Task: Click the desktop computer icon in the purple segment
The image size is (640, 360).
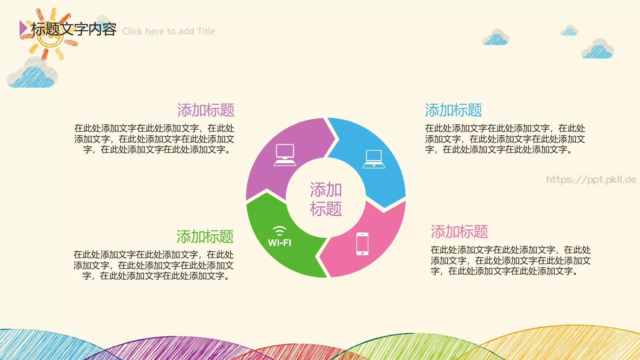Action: [x=285, y=155]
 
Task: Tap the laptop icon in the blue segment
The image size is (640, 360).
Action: [x=374, y=159]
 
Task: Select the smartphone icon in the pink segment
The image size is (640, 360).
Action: [x=362, y=244]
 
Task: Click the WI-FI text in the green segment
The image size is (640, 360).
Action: [x=280, y=243]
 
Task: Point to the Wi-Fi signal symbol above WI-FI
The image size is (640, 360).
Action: [x=279, y=231]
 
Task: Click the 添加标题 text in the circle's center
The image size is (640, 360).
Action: [x=326, y=199]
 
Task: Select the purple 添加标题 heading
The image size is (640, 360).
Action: [x=206, y=110]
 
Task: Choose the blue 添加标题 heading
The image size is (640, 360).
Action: [x=453, y=110]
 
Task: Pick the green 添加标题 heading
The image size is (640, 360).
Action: [x=205, y=237]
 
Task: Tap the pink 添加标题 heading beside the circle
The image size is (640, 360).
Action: [x=459, y=232]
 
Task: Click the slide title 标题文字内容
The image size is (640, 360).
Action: [x=74, y=29]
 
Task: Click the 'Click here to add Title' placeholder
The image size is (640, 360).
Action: [x=169, y=31]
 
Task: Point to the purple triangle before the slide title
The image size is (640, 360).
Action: [x=23, y=28]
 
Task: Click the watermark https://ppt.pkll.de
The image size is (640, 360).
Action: [x=591, y=180]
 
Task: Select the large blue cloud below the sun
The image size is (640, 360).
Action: [x=33, y=74]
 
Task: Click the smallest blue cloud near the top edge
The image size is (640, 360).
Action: [x=569, y=31]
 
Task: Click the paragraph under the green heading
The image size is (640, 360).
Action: [x=154, y=265]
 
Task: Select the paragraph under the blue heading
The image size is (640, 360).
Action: [x=505, y=139]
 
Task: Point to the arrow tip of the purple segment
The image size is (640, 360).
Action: [x=337, y=139]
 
